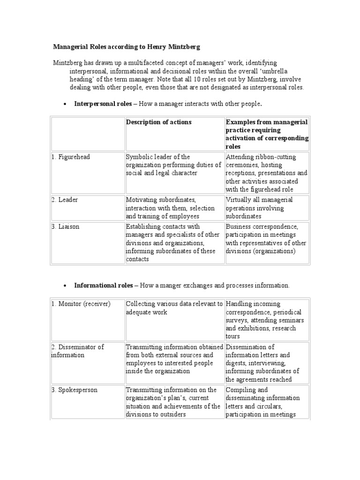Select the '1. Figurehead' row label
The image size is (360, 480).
point(71,157)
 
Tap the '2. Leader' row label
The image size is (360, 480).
point(65,200)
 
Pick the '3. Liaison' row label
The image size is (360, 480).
point(66,226)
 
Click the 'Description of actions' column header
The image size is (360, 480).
point(158,122)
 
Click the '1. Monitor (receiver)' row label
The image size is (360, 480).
point(81,304)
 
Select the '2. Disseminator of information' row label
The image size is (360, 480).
point(77,351)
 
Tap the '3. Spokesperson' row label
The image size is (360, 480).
point(75,390)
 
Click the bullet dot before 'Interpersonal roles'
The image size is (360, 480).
point(64,104)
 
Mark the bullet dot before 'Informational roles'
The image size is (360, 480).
point(64,286)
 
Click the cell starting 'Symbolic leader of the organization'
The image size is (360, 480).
point(173,165)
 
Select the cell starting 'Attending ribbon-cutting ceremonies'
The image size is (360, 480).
point(267,173)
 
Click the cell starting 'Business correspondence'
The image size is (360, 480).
point(266,239)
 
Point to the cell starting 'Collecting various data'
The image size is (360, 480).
point(174,308)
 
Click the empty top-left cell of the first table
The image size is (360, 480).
point(87,134)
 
